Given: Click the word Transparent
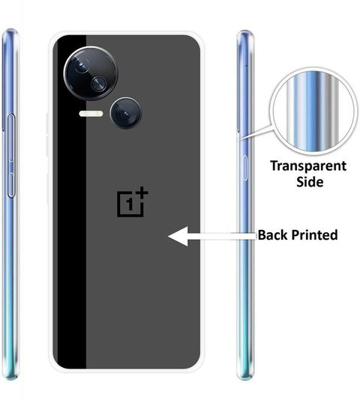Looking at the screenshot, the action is click(308, 166).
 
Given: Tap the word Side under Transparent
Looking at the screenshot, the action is click(310, 182).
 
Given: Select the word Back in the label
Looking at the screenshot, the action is click(272, 234).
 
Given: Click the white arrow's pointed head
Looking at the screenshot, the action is click(169, 236).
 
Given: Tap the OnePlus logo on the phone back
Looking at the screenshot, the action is click(132, 202).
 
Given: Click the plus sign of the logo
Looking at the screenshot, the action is click(142, 193).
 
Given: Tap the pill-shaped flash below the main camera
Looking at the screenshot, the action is click(91, 114).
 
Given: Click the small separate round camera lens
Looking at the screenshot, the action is click(126, 113).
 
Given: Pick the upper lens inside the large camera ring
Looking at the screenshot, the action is click(82, 65).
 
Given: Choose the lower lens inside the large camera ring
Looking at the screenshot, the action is click(98, 83).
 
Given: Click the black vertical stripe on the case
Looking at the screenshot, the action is click(71, 201).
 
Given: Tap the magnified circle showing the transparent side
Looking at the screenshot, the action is click(313, 111).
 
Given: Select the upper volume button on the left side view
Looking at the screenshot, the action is click(11, 138).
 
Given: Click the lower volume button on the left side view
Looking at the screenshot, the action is click(10, 185).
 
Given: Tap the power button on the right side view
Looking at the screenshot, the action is click(244, 168).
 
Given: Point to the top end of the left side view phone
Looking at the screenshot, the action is click(10, 30).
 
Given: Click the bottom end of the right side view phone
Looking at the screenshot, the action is click(245, 378).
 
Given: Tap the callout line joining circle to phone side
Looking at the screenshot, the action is click(256, 133).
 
